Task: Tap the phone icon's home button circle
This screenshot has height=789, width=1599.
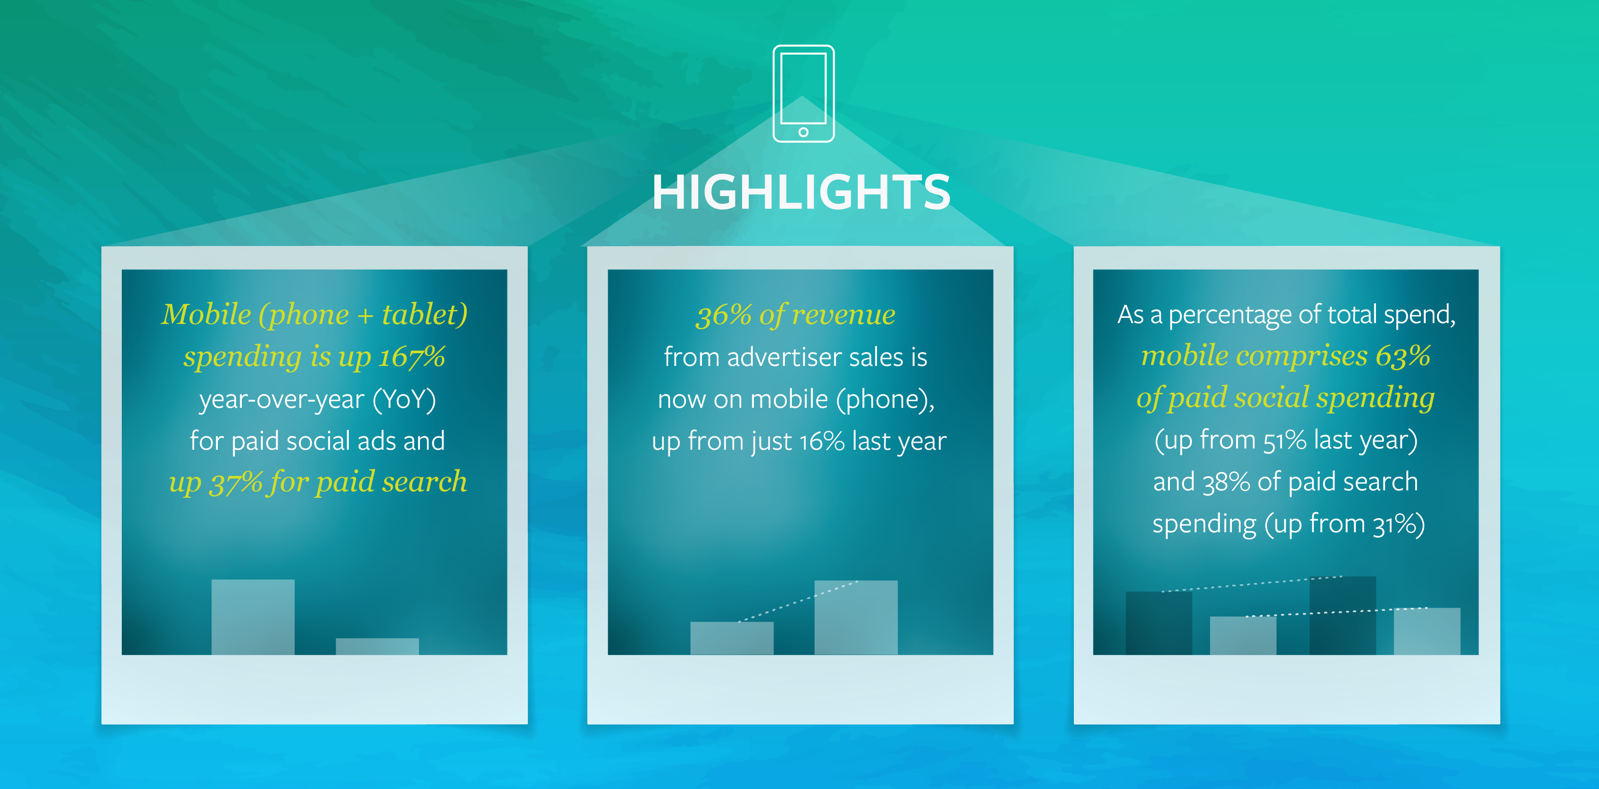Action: coord(803,132)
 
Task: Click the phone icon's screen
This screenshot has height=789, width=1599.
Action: coord(803,88)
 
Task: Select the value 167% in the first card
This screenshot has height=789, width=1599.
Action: coord(412,356)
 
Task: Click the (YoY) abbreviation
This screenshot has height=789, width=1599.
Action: coord(404,399)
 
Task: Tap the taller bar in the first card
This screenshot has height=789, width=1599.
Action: coord(253,617)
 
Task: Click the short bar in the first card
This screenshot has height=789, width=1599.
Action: coord(378,646)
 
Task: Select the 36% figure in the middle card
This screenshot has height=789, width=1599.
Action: coord(724,315)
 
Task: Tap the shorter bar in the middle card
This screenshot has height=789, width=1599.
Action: coord(732,638)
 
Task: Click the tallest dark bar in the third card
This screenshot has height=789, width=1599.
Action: coord(1343,615)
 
